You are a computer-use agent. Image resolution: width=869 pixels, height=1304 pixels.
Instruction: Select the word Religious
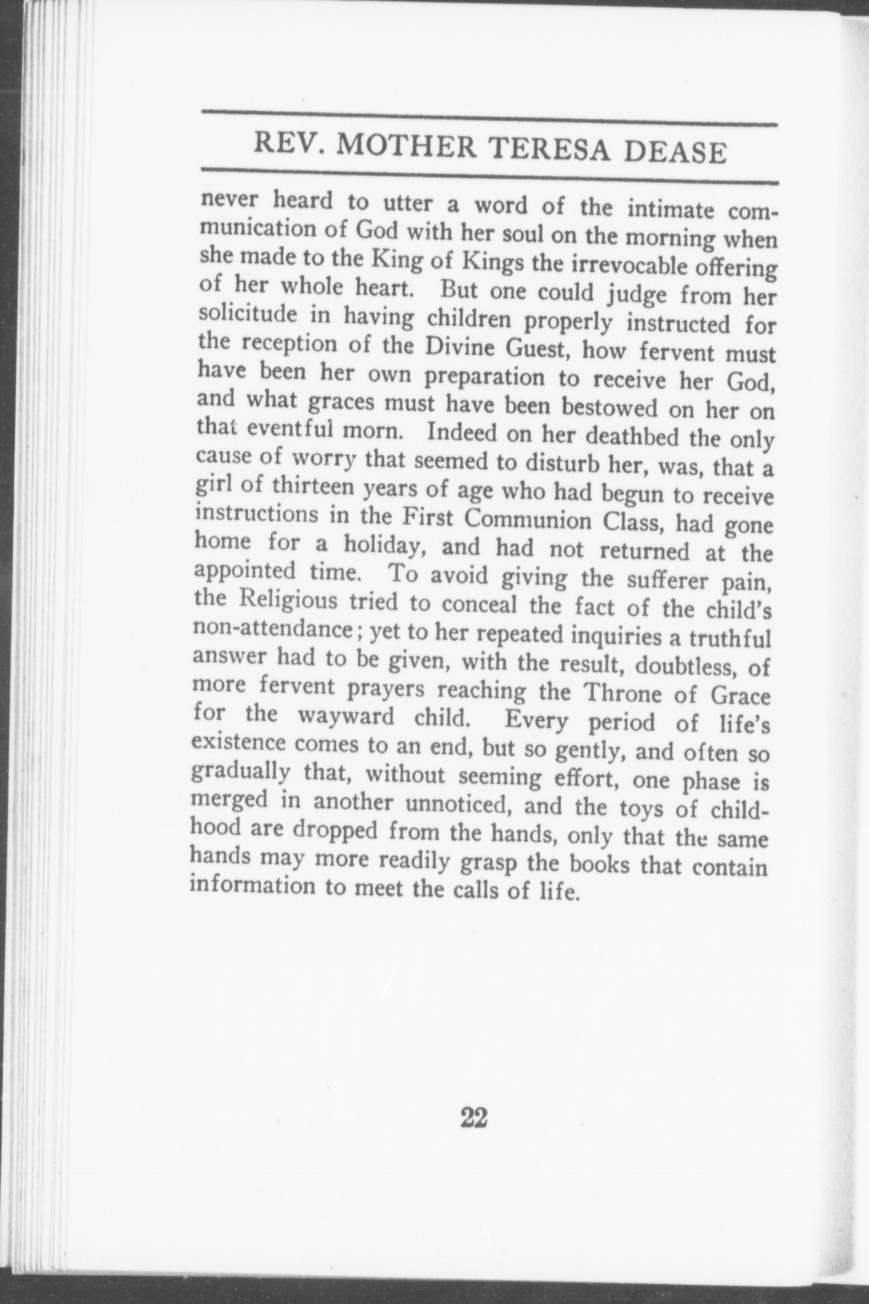tap(288, 601)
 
